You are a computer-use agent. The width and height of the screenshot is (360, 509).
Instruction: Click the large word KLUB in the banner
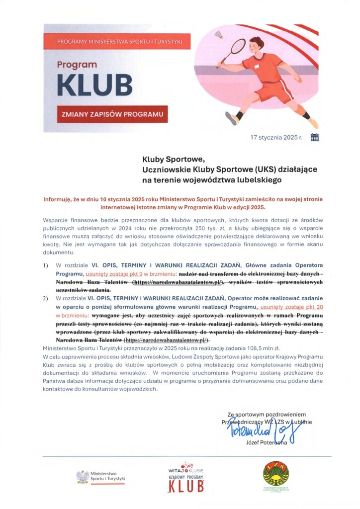(94, 85)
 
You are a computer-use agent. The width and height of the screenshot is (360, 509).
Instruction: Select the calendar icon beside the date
(314, 138)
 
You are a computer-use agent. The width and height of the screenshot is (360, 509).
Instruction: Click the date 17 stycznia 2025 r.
(276, 138)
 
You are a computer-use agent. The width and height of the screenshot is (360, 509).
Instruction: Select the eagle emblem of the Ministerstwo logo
(82, 478)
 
